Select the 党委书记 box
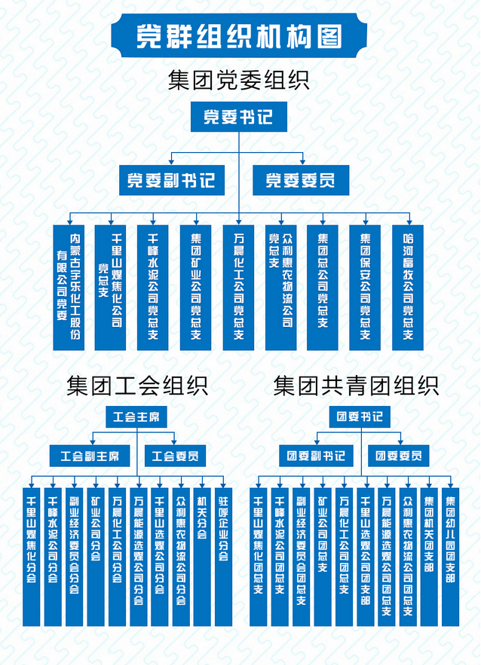pyautogui.click(x=237, y=117)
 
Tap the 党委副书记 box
pyautogui.click(x=170, y=180)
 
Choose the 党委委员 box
pyautogui.click(x=300, y=180)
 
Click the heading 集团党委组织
pyautogui.click(x=239, y=80)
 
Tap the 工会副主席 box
pyautogui.click(x=90, y=456)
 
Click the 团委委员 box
pyautogui.click(x=398, y=456)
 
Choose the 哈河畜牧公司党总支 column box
pyautogui.click(x=408, y=286)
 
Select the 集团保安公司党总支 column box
pyautogui.click(x=365, y=286)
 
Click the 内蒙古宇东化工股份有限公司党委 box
pyautogui.click(x=68, y=286)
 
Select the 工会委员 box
pyautogui.click(x=175, y=456)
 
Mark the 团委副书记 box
pyautogui.click(x=316, y=456)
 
